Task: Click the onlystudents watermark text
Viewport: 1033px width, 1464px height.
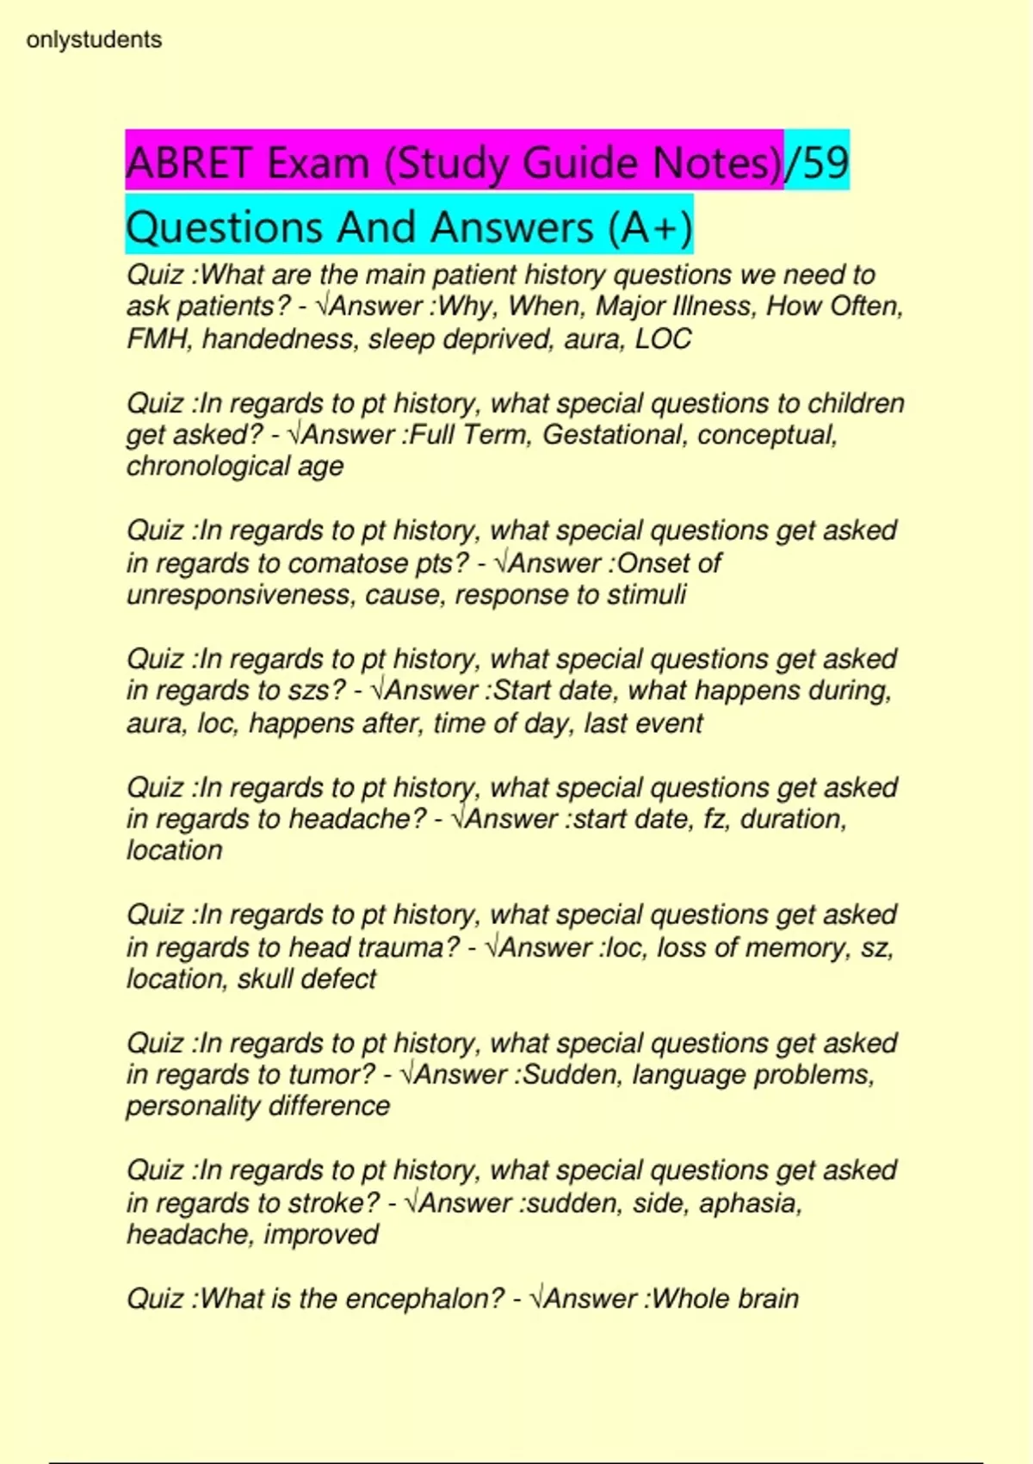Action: click(94, 40)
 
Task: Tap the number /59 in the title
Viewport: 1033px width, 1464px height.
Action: click(817, 162)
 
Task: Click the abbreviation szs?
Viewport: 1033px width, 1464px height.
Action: click(316, 690)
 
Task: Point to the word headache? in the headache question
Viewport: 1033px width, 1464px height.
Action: click(357, 818)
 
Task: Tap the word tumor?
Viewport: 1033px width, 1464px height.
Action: click(332, 1074)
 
